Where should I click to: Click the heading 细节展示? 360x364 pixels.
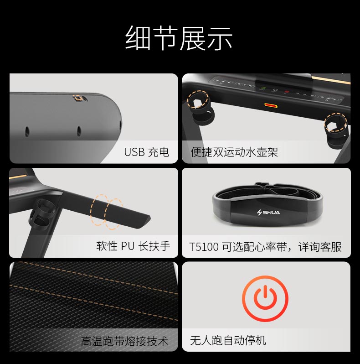[179, 38]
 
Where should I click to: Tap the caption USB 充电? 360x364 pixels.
[147, 152]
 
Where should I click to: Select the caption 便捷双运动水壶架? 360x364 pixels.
[234, 152]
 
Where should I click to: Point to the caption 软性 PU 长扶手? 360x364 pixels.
[133, 246]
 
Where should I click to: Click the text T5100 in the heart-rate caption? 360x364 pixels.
[204, 247]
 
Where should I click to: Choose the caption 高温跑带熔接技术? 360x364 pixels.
[124, 341]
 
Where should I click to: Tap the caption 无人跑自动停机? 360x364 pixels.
[228, 341]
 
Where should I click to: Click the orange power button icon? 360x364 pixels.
[265, 298]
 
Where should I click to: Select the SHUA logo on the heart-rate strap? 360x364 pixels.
[268, 212]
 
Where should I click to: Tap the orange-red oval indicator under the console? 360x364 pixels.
[271, 106]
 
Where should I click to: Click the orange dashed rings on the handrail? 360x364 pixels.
[106, 212]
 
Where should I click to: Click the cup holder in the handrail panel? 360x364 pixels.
[42, 213]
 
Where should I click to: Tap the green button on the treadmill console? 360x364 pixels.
[263, 88]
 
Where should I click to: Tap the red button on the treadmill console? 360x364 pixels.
[287, 92]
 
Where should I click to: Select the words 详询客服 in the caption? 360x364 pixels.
[320, 247]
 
